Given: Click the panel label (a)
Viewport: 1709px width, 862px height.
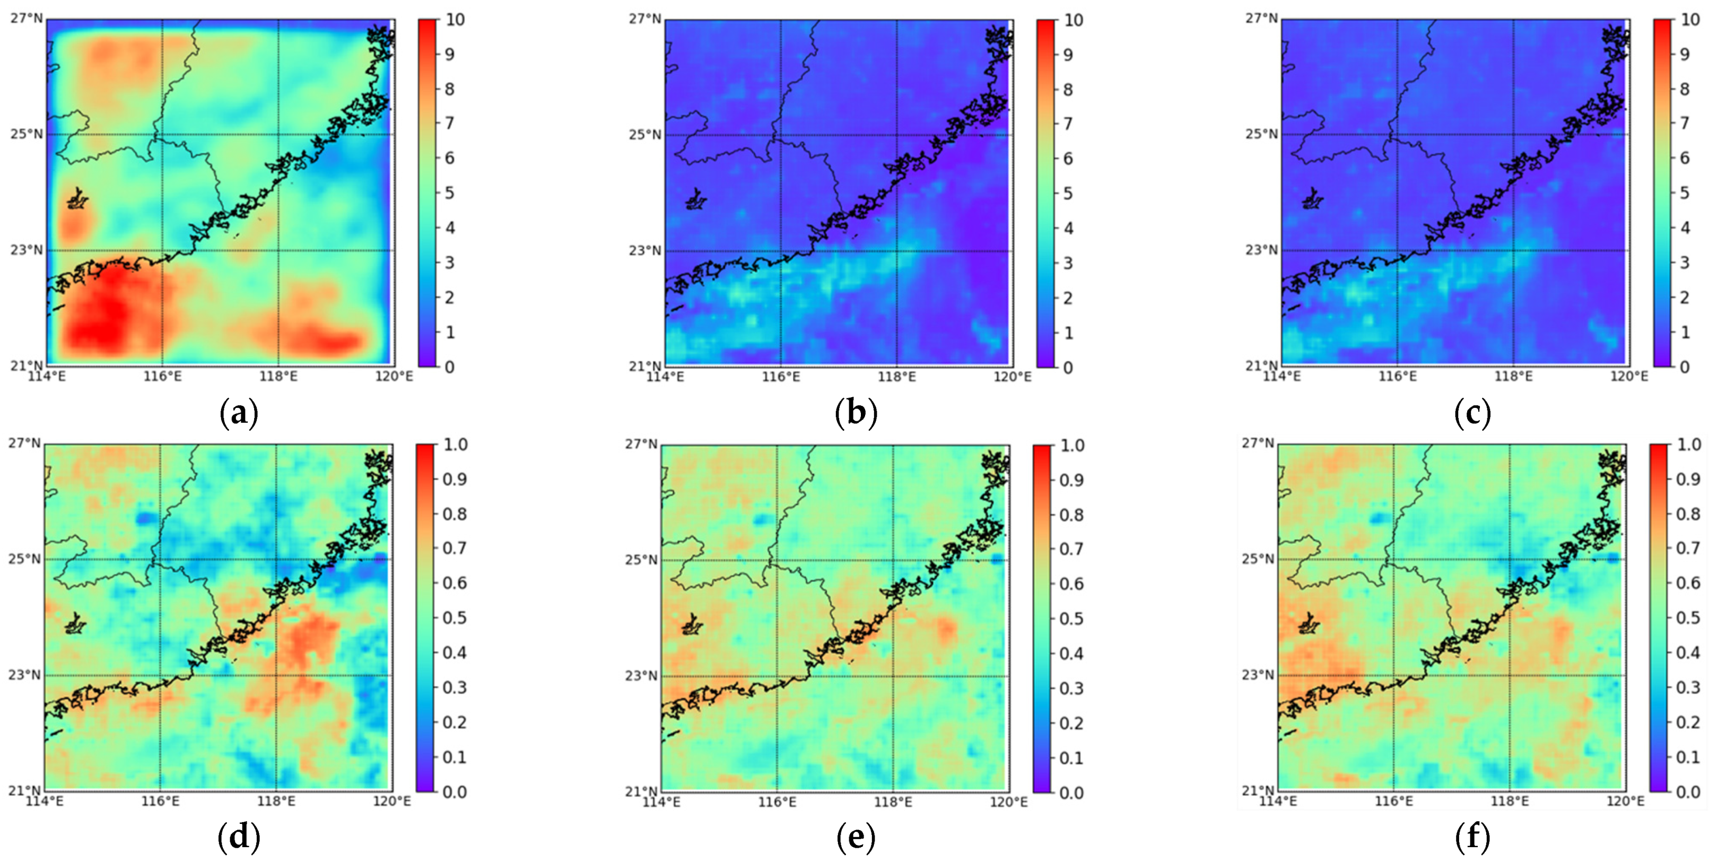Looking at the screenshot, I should [x=238, y=413].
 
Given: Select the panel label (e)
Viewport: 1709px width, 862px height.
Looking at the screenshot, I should [x=856, y=838].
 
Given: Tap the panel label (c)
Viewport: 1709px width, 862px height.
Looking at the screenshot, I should [x=1472, y=413].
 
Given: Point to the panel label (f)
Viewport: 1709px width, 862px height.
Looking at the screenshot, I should [x=1472, y=838].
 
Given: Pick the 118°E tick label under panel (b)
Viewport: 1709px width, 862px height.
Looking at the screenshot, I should [x=897, y=377].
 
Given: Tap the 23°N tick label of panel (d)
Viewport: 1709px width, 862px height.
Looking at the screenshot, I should [x=24, y=675].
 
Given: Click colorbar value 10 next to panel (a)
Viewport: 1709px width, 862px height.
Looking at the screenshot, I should [x=455, y=20].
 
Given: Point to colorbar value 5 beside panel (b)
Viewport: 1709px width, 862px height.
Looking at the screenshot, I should [x=1068, y=194].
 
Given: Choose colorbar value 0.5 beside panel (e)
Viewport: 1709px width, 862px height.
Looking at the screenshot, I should [x=1071, y=619].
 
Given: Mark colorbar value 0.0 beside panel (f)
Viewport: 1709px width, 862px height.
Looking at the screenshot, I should [x=1688, y=791].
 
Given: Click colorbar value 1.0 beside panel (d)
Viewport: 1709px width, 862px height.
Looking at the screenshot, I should [x=456, y=444].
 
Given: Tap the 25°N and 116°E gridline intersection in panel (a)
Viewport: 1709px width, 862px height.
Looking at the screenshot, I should [x=162, y=134].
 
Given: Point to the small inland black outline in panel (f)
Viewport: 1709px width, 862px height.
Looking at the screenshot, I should [x=1309, y=623].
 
